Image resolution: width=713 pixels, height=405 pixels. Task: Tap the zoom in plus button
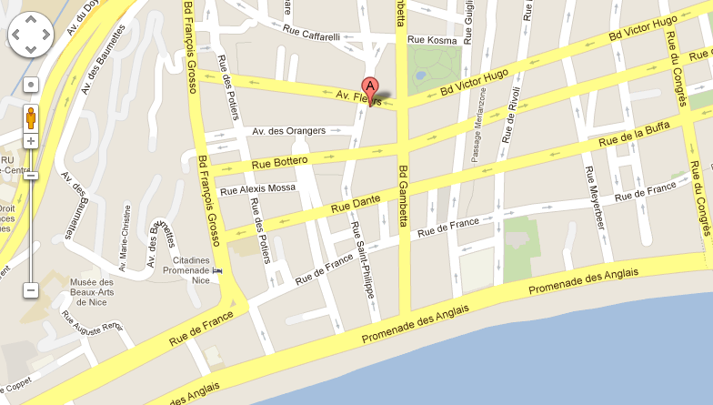click(x=31, y=141)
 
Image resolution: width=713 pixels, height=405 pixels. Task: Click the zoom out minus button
click(x=31, y=290)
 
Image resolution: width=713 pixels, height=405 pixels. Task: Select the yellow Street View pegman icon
click(x=31, y=118)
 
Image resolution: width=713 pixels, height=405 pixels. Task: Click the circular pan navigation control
click(x=31, y=35)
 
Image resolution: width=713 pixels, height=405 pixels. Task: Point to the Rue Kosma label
click(x=431, y=40)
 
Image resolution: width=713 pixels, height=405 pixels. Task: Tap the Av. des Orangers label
click(x=288, y=131)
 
